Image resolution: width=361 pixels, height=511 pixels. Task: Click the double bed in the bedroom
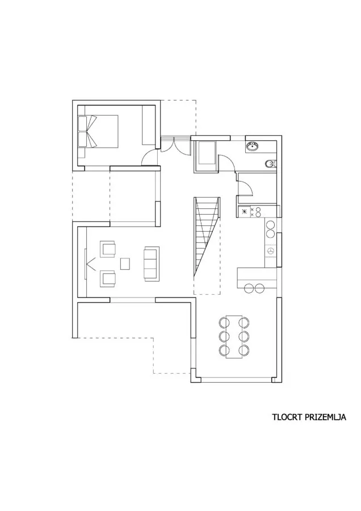(98, 131)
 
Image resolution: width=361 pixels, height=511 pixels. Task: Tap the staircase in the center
(207, 237)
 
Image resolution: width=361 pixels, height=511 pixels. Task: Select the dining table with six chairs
(234, 336)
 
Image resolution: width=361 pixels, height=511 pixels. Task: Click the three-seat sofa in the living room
(152, 263)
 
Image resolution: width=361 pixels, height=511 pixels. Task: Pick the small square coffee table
(125, 263)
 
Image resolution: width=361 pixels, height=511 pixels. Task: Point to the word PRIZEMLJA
(326, 417)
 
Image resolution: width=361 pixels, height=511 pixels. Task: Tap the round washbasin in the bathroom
(252, 146)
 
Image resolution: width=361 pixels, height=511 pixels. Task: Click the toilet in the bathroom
(270, 164)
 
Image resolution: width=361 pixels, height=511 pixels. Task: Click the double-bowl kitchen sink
(270, 229)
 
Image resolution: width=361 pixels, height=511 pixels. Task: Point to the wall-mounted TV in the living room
(86, 263)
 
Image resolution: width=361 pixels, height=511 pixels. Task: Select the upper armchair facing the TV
(108, 249)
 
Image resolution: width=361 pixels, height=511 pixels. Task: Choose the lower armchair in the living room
(108, 279)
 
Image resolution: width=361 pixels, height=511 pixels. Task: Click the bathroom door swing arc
(226, 162)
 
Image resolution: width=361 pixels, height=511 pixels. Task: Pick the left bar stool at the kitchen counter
(249, 288)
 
